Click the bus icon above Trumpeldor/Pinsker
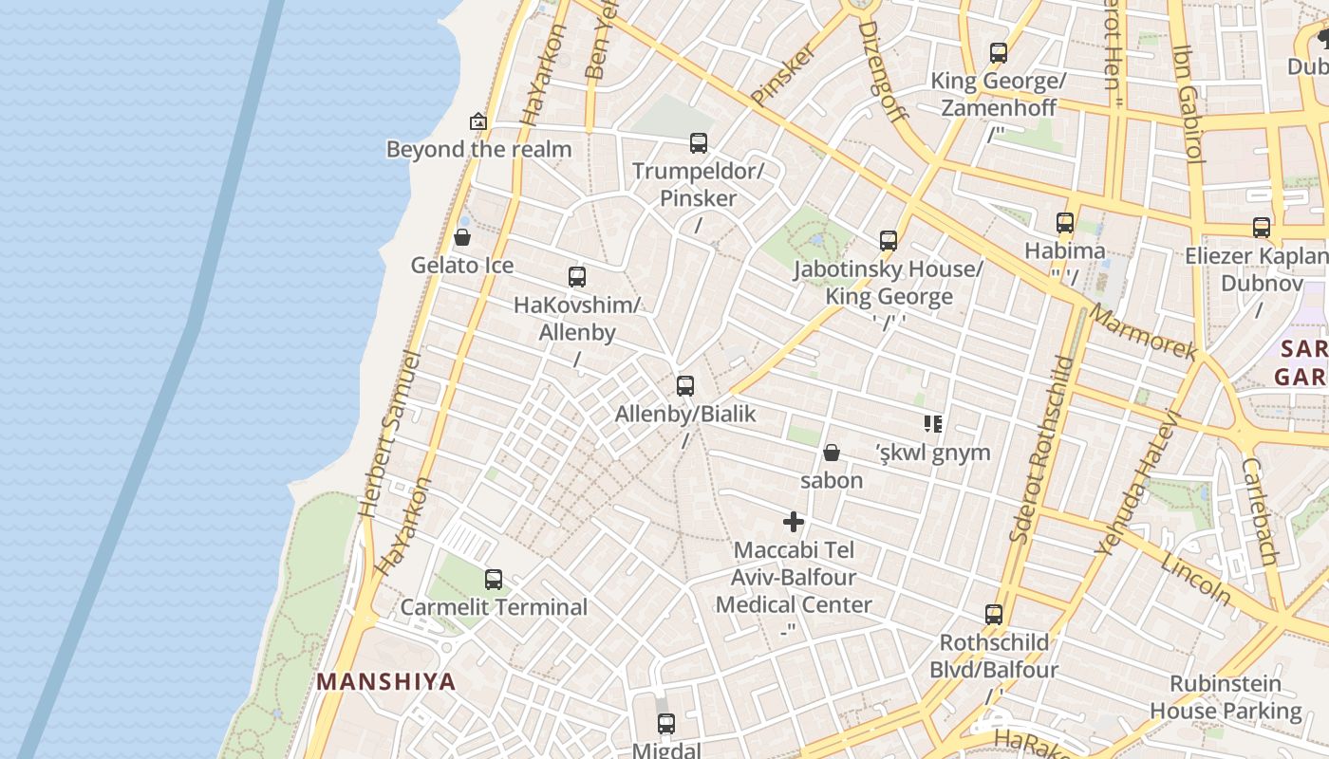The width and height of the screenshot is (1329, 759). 699,143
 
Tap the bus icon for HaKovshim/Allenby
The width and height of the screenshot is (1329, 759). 577,277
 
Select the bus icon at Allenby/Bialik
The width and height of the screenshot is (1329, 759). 685,386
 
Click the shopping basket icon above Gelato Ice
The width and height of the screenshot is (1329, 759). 462,237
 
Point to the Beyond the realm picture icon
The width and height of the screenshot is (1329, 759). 478,121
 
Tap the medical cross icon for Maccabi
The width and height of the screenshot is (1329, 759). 794,522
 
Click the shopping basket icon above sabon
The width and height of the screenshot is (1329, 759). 832,453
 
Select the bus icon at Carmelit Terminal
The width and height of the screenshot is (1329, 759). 494,579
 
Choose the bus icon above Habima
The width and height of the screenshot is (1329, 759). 1065,223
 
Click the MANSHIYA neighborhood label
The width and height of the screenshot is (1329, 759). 386,681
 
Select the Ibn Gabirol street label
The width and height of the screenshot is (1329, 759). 1188,104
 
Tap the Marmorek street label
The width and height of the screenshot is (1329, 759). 1143,331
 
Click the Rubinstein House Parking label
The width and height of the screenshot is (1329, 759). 1226,697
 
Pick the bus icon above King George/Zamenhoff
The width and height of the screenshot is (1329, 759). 999,53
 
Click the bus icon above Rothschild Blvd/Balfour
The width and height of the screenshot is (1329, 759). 994,615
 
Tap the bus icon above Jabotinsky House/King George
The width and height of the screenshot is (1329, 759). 889,241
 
